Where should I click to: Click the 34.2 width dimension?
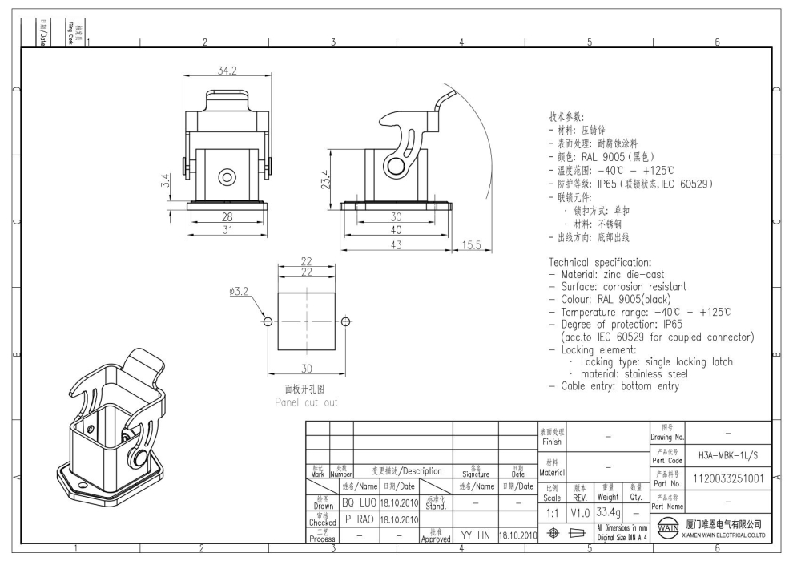coord(227,71)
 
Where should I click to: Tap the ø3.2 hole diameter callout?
coord(239,293)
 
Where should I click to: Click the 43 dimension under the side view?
coord(396,245)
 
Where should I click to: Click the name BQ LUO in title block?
coord(360,502)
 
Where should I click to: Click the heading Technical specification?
coord(610,262)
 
